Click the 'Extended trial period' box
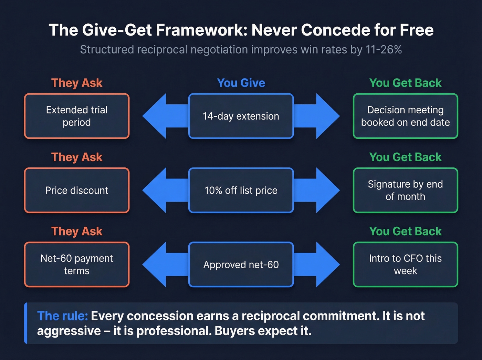click(77, 116)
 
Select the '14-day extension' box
click(241, 116)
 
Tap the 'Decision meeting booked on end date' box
click(405, 116)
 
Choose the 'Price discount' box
click(77, 191)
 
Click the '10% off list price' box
click(241, 191)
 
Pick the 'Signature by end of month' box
click(405, 191)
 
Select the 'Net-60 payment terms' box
click(77, 265)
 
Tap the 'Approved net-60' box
click(241, 265)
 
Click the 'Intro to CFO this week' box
click(405, 265)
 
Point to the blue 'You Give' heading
click(241, 83)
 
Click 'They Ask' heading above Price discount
click(77, 157)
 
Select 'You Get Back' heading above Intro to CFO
click(405, 232)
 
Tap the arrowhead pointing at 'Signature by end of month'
click(327, 191)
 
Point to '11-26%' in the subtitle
click(384, 50)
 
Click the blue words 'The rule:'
click(62, 316)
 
